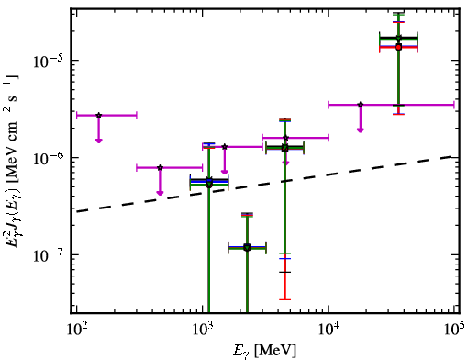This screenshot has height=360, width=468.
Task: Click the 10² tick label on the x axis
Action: tap(76, 330)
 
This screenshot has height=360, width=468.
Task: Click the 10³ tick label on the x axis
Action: tap(203, 330)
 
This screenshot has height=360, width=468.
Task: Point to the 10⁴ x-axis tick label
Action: tap(329, 330)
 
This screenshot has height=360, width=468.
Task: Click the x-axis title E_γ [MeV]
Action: tap(265, 351)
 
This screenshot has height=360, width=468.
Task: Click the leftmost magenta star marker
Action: tap(99, 116)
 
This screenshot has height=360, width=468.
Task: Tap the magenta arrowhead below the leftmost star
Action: tap(98, 141)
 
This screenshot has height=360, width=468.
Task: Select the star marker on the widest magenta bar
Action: tap(361, 105)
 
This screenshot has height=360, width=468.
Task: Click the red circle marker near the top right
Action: tap(398, 47)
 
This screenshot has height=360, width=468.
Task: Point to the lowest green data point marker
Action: tap(247, 248)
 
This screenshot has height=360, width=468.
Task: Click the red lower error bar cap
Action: tap(285, 299)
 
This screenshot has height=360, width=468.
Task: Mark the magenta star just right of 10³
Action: tap(225, 147)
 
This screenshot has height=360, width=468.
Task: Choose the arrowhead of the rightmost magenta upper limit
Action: tap(361, 130)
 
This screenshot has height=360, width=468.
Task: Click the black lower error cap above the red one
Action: tap(285, 272)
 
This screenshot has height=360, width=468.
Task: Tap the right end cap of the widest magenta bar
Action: tap(454, 105)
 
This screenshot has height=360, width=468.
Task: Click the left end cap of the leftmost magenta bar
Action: tap(76, 116)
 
